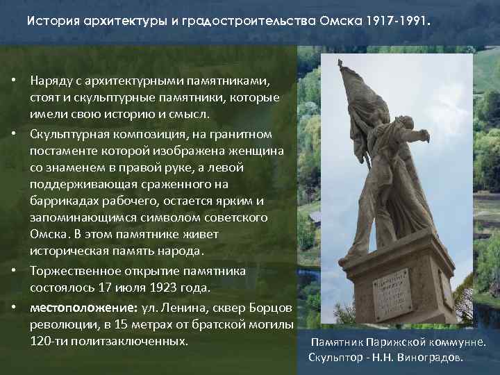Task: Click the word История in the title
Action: click(49, 22)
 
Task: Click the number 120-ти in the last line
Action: click(48, 341)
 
